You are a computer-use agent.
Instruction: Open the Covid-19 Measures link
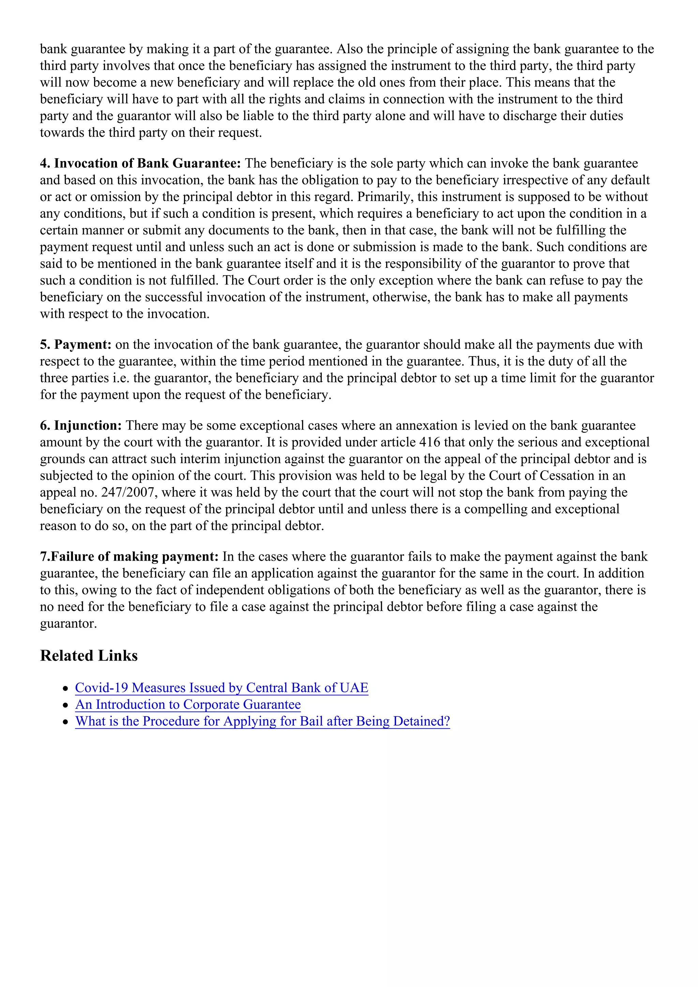(x=221, y=688)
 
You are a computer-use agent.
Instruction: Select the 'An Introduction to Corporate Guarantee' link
(x=188, y=704)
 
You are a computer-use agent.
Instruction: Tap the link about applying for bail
(x=262, y=722)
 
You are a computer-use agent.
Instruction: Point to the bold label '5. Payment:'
(x=76, y=345)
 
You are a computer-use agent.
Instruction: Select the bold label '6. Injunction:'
(x=81, y=426)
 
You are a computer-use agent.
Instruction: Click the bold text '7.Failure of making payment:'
(x=130, y=557)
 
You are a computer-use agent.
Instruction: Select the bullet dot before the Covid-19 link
(x=65, y=689)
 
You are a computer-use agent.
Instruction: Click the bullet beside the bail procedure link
(x=65, y=722)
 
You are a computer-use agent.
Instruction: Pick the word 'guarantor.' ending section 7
(x=69, y=624)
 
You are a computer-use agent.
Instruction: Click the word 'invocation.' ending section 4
(x=178, y=314)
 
